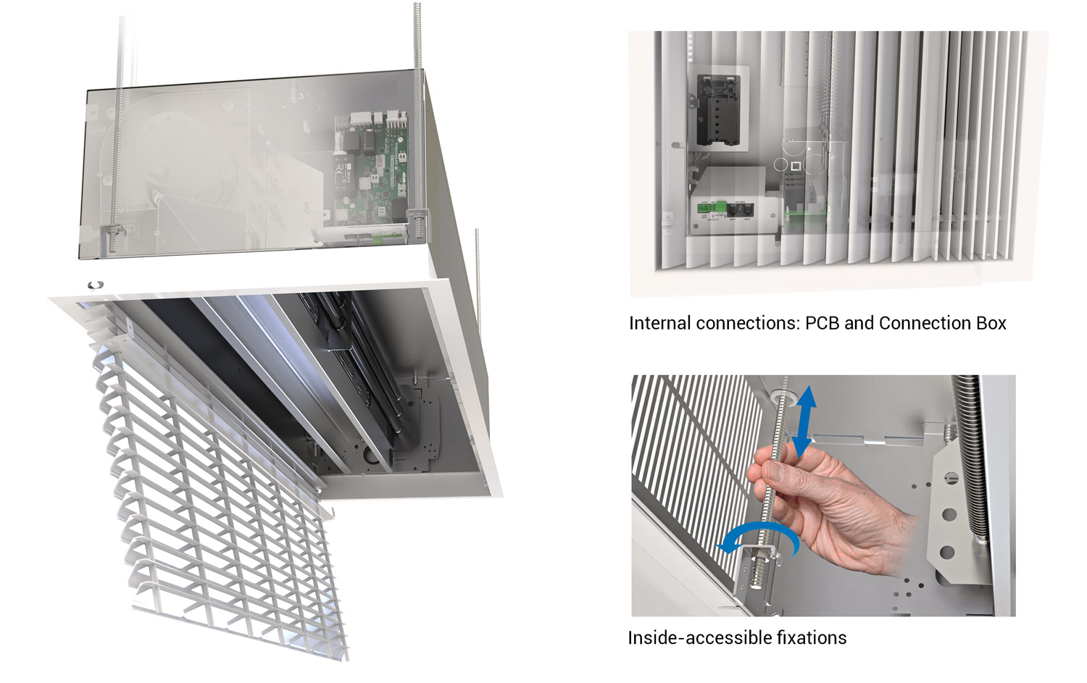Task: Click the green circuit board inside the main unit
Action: pyautogui.click(x=371, y=169)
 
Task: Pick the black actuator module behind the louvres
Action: pyautogui.click(x=718, y=110)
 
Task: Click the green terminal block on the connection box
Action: pyautogui.click(x=712, y=208)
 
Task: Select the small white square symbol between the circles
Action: pyautogui.click(x=795, y=166)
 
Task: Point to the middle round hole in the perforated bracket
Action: pyautogui.click(x=949, y=514)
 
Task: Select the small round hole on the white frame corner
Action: pyautogui.click(x=96, y=285)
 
